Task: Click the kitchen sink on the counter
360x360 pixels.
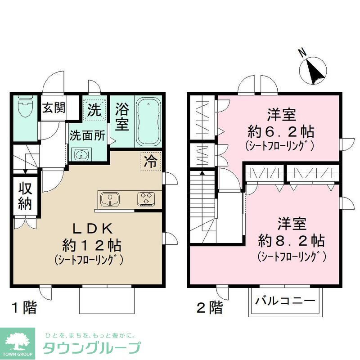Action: tap(109, 198)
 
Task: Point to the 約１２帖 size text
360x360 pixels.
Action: tap(90, 245)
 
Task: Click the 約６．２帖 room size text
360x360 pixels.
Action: tap(280, 132)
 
